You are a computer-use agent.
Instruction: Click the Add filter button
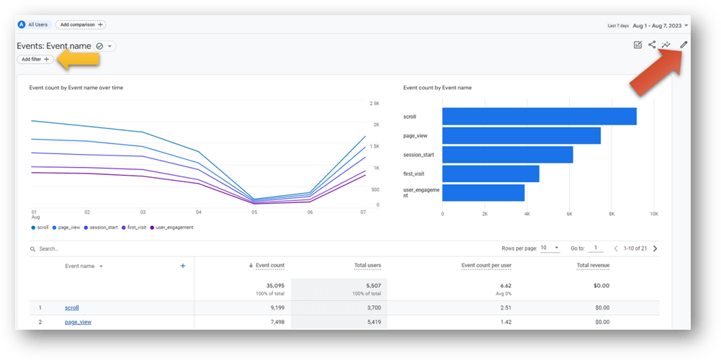click(x=35, y=59)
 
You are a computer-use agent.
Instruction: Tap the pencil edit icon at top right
click(x=684, y=45)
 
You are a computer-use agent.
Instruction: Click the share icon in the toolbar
click(x=652, y=45)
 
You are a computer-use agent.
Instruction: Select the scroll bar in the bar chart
click(x=539, y=117)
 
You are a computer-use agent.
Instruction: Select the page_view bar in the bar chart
click(x=521, y=135)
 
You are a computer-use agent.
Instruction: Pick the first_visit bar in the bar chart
click(x=491, y=174)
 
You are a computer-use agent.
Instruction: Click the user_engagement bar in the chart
click(x=483, y=192)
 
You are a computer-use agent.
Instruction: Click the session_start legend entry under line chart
click(x=102, y=228)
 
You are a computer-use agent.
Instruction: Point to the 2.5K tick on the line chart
click(x=375, y=104)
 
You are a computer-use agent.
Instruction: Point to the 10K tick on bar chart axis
click(x=653, y=214)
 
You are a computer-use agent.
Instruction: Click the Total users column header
click(x=367, y=266)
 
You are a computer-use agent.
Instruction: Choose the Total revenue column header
click(x=592, y=266)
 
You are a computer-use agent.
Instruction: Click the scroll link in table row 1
click(x=71, y=307)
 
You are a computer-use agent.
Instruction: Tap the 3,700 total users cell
click(x=370, y=307)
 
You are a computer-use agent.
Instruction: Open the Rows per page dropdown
click(x=550, y=248)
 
